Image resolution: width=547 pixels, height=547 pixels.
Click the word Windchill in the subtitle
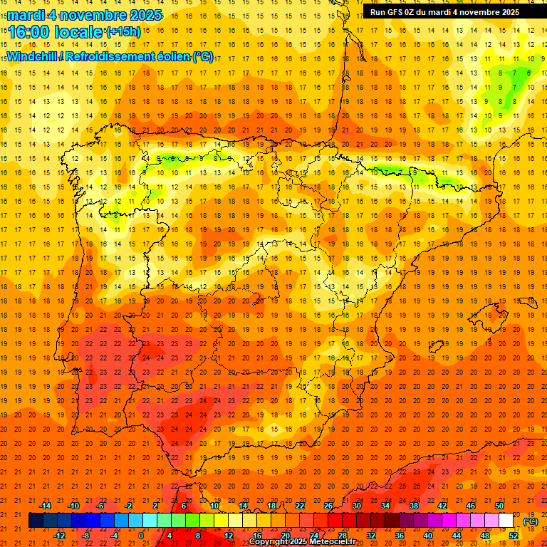[35, 56]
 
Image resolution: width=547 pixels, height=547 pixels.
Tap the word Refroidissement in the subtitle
[115, 56]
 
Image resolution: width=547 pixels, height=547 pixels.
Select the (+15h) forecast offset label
[123, 31]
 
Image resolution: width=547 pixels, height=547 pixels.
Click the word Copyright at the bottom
[268, 541]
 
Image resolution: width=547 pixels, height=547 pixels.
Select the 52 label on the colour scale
[514, 535]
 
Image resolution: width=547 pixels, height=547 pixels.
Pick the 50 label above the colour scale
[499, 505]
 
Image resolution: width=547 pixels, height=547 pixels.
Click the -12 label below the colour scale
[59, 535]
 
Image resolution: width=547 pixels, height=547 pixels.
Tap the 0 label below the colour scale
[141, 535]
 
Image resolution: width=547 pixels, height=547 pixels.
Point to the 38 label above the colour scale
[414, 505]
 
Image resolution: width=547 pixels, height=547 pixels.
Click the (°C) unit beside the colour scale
[531, 521]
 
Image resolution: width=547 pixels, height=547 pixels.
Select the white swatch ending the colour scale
[506, 521]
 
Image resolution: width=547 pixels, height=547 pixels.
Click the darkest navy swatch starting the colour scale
[36, 521]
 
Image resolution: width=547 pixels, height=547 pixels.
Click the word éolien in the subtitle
[173, 56]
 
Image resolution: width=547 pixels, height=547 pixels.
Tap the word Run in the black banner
[377, 12]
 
